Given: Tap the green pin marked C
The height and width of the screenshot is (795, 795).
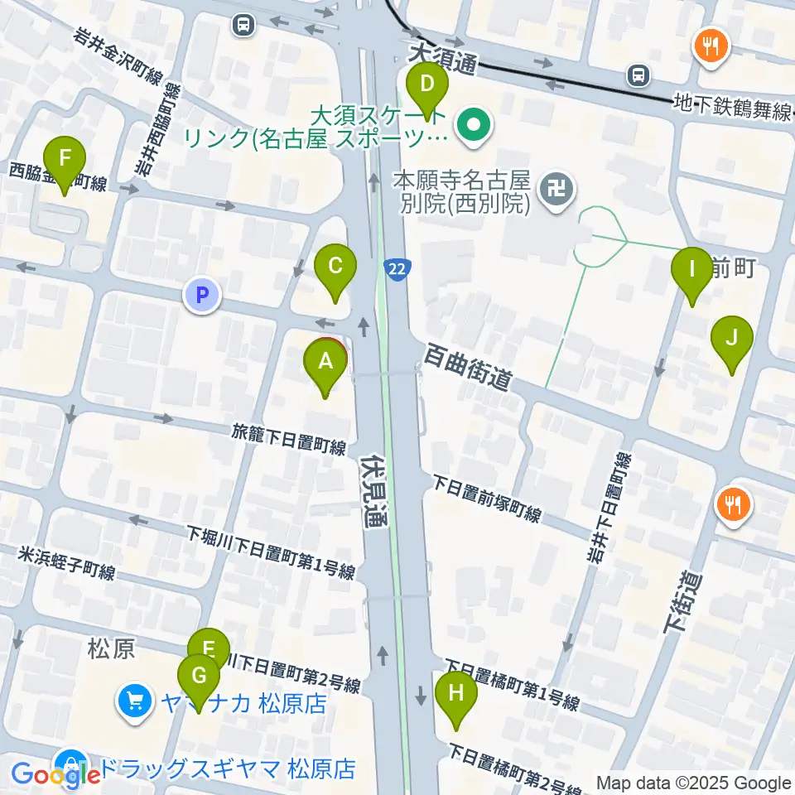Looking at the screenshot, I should click(x=335, y=267).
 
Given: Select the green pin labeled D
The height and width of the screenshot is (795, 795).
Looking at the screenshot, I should click(x=427, y=85).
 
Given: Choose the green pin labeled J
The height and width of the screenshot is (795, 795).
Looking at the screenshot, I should click(x=731, y=339).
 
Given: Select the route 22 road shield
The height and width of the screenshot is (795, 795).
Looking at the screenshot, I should click(x=396, y=268).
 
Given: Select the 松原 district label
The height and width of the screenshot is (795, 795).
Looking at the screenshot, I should click(x=111, y=648).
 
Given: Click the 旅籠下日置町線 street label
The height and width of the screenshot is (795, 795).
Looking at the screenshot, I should click(x=288, y=440).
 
